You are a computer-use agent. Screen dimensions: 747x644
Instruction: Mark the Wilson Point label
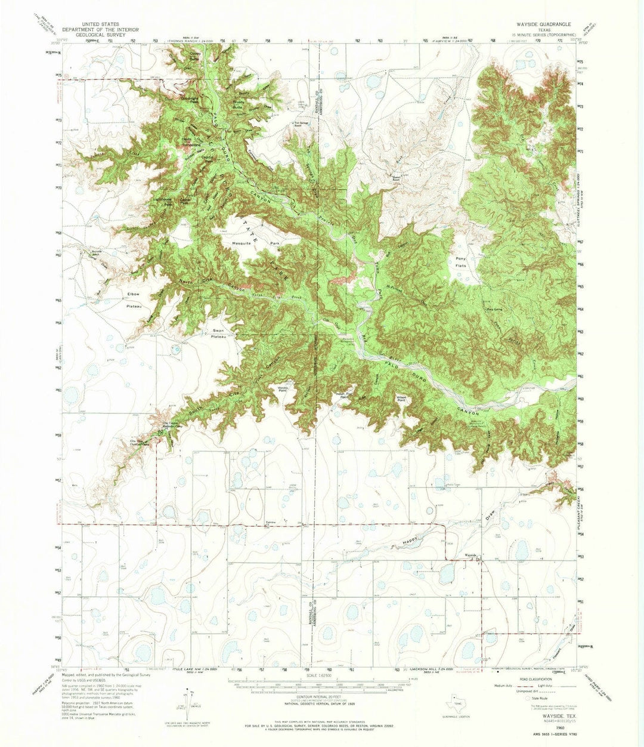pos(401,399)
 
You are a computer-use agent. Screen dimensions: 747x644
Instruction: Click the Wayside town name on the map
pos(470,555)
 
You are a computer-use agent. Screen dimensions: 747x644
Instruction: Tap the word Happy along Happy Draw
pos(408,544)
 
